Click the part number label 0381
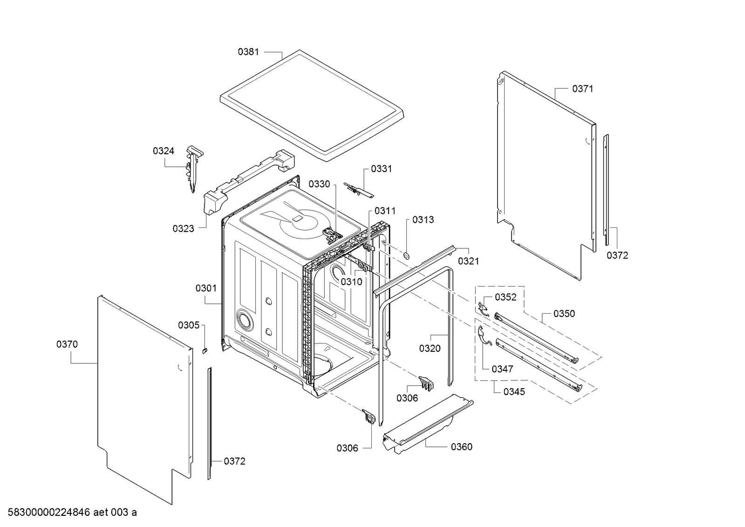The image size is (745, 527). click(x=248, y=52)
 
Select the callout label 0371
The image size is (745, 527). click(x=582, y=89)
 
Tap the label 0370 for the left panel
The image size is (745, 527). click(x=67, y=344)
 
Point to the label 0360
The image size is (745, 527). click(x=461, y=447)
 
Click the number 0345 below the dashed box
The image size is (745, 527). click(x=514, y=392)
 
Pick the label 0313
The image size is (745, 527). click(x=423, y=219)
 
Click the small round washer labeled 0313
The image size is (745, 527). click(x=406, y=255)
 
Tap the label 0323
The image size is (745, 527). click(x=183, y=228)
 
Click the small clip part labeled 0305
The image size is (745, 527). click(x=205, y=349)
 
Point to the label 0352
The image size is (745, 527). click(x=506, y=297)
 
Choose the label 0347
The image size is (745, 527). click(x=502, y=369)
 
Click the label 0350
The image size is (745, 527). click(x=564, y=314)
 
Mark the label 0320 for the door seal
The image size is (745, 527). click(x=430, y=348)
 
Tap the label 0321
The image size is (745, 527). click(x=468, y=261)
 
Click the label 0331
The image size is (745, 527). click(x=381, y=169)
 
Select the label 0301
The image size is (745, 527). click(x=206, y=288)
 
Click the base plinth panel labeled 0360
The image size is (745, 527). click(x=426, y=422)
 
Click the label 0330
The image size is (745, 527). click(x=319, y=184)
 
